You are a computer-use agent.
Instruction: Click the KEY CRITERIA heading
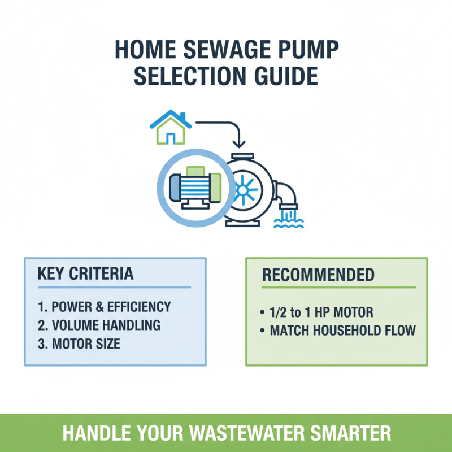click(85, 274)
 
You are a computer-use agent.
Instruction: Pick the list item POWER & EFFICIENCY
click(104, 307)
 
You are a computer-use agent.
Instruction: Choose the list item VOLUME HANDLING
click(99, 325)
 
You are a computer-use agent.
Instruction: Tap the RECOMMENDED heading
click(318, 275)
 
